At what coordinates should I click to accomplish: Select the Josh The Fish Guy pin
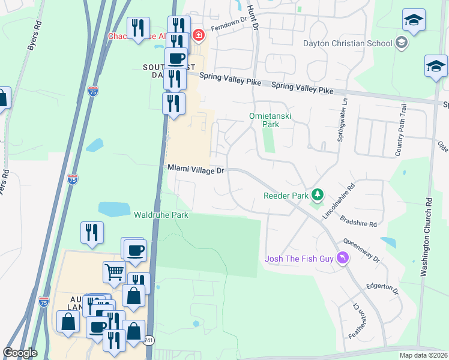click(343, 259)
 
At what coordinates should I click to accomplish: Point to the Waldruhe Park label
click(161, 215)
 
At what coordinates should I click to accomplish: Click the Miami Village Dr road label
click(195, 170)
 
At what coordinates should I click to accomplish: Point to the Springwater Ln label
click(345, 113)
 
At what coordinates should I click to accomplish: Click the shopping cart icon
click(114, 272)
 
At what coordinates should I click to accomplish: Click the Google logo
click(20, 353)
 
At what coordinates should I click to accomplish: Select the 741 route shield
click(148, 341)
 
